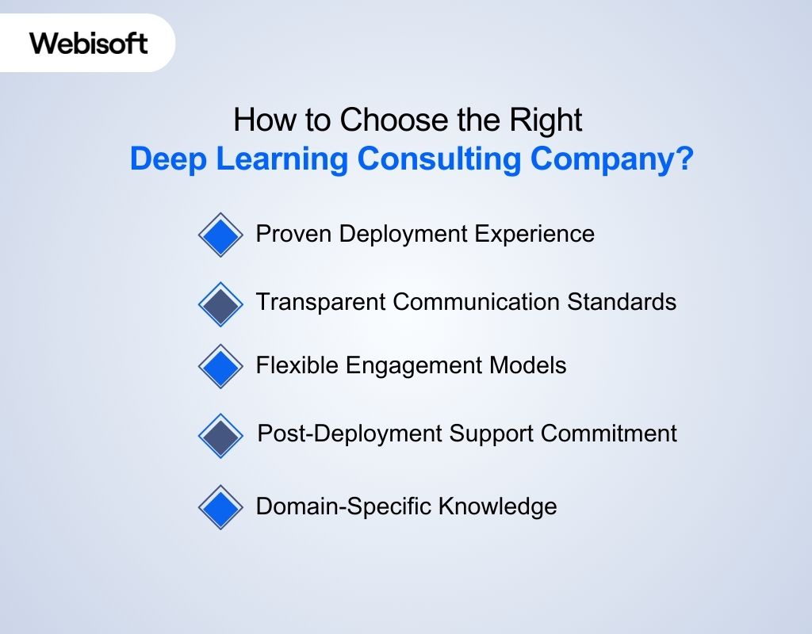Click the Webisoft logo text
click(x=89, y=43)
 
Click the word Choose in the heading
click(x=395, y=120)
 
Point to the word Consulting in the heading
click(x=439, y=158)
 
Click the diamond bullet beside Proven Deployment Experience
click(x=220, y=235)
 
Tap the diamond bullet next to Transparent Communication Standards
click(x=220, y=304)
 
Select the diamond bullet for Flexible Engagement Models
click(x=220, y=366)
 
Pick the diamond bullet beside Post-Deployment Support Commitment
click(x=220, y=436)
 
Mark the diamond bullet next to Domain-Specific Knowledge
click(x=220, y=507)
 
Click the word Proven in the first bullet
click(x=293, y=234)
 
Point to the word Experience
click(x=534, y=235)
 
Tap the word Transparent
click(x=321, y=303)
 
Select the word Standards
click(x=622, y=302)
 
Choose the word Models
click(x=527, y=365)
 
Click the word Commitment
click(x=608, y=433)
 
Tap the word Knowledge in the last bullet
click(x=498, y=506)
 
